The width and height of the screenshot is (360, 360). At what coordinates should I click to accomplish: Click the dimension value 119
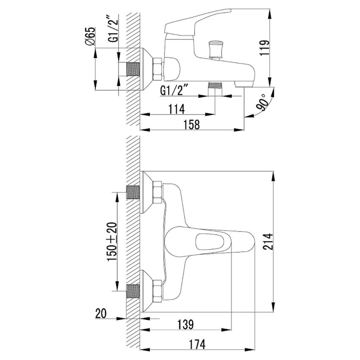coord(264,47)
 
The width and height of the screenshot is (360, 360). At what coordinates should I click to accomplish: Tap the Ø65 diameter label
coord(90,36)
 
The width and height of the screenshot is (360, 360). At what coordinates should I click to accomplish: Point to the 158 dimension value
coord(192,125)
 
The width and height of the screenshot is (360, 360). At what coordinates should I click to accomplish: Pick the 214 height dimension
coord(268,242)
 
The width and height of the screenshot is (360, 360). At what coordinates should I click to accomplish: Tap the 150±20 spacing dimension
coord(112,242)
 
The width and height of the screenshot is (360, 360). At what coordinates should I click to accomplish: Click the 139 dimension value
coord(185,324)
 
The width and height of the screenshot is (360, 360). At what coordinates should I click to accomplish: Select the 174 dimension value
coord(197,345)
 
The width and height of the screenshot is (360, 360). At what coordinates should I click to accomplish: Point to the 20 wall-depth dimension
coord(101,314)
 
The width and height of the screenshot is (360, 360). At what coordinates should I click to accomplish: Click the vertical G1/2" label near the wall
coord(113,28)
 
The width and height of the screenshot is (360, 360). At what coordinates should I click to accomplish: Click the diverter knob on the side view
coord(216,50)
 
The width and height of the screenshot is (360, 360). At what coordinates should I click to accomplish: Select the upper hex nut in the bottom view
coord(157,192)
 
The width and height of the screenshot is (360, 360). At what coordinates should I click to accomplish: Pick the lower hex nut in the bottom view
coord(157,291)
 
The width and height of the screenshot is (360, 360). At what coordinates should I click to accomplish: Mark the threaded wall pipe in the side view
coord(133,69)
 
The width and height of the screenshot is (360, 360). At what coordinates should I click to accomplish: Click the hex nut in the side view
coord(157,69)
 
